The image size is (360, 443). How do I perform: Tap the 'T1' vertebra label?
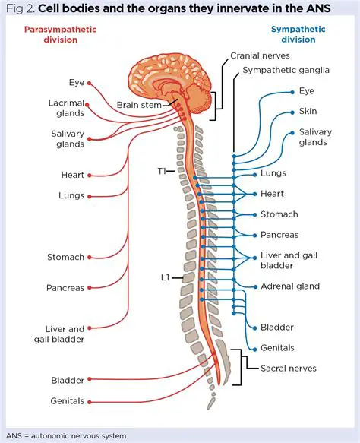[161, 171]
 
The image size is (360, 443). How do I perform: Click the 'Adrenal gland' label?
[289, 286]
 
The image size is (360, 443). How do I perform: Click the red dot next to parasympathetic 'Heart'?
[90, 176]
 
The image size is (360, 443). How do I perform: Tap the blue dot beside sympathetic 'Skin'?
[292, 111]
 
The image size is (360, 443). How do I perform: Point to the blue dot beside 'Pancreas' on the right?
[254, 235]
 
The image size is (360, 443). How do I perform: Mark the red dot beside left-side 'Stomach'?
[90, 258]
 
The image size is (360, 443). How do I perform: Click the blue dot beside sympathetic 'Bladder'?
[254, 328]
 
